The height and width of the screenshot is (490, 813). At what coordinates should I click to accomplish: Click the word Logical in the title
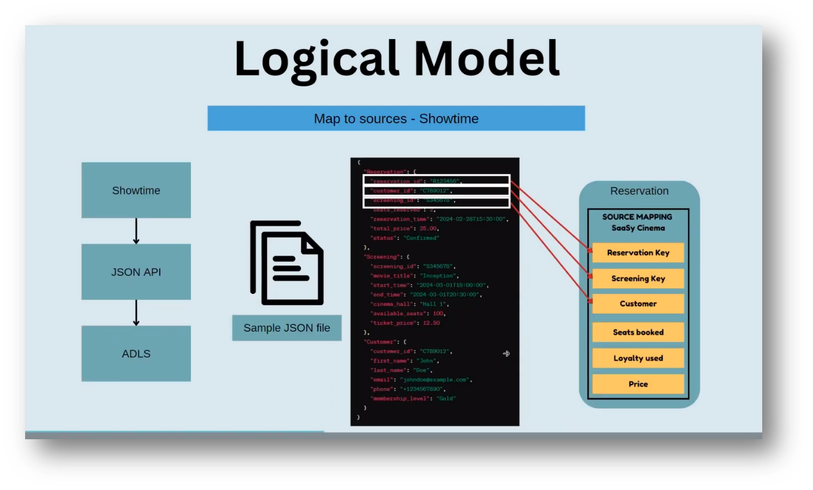point(316,59)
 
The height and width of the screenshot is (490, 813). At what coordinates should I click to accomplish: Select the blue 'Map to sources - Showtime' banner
point(396,118)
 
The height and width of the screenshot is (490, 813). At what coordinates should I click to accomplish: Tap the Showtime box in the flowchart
point(136,190)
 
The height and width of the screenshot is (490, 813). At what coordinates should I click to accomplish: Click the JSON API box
point(136,272)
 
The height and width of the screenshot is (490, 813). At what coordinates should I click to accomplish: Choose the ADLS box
point(136,354)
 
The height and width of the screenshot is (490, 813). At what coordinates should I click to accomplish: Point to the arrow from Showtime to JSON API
point(136,231)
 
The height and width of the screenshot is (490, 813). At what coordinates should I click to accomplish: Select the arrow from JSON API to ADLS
point(136,313)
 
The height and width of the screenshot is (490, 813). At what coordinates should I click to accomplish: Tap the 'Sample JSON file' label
point(287,328)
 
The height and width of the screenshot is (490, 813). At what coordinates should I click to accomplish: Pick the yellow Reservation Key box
point(638,253)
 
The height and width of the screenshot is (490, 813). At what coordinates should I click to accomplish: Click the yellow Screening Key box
point(638,278)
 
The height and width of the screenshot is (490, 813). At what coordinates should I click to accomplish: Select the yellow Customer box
point(638,304)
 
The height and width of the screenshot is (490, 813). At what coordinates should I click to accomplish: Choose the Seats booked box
point(638,332)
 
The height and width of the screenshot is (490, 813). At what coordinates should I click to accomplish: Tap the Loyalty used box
point(638,358)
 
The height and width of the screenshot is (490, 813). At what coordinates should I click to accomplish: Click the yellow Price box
point(638,384)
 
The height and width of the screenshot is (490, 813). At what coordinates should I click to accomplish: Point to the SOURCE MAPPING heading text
point(637,217)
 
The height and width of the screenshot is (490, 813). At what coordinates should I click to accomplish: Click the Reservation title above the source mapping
point(639,191)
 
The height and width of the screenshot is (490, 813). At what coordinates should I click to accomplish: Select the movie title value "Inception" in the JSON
point(438,276)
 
